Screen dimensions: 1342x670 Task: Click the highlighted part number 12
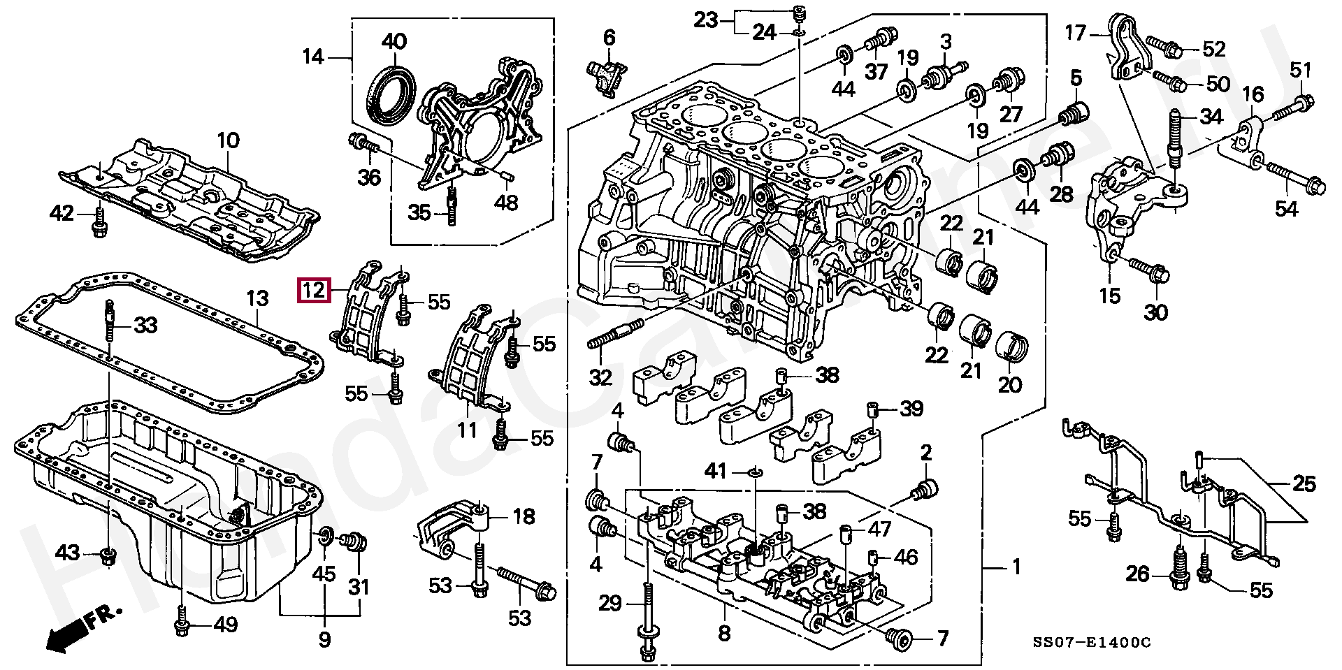[x=314, y=289]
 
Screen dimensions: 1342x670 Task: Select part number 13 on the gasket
[x=257, y=299]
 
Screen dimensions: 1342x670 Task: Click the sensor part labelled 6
[x=608, y=72]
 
